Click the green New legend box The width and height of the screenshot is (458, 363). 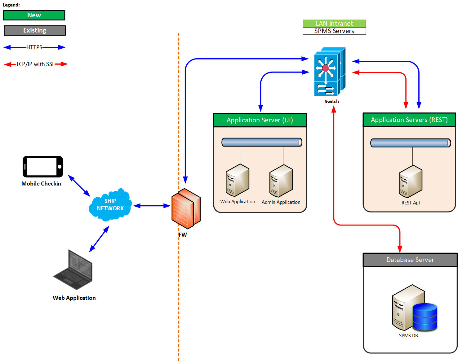point(34,15)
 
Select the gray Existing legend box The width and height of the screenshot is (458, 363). point(34,30)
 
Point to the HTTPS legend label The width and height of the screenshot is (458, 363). point(34,47)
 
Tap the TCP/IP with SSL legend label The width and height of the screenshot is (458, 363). point(35,64)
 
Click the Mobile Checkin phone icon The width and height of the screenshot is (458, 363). point(43,167)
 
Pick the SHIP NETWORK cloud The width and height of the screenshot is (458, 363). point(110,205)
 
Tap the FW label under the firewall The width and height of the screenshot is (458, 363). point(183,235)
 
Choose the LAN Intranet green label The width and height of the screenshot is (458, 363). point(334,24)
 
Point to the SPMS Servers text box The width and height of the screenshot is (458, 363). point(334,31)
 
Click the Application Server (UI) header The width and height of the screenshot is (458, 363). point(260,120)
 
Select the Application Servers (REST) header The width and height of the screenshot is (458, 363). point(409,120)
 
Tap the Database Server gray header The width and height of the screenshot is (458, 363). point(410,260)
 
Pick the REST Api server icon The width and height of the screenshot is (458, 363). point(411,181)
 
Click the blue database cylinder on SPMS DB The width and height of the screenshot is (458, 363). point(425,317)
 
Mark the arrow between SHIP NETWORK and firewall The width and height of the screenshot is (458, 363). point(152,206)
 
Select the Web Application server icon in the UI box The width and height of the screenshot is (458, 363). point(238,180)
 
